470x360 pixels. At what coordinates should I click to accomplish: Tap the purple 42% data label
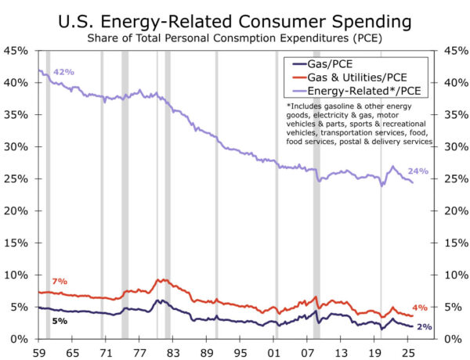pyautogui.click(x=64, y=72)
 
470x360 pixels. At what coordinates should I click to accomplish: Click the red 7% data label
pyautogui.click(x=60, y=281)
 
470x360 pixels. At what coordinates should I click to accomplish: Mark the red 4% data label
pyautogui.click(x=420, y=308)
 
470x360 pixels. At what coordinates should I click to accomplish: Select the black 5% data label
pyautogui.click(x=60, y=321)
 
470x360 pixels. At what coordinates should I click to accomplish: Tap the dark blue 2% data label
pyautogui.click(x=423, y=326)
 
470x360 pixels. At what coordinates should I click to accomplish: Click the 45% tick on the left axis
pyautogui.click(x=17, y=51)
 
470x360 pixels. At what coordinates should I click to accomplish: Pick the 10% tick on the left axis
pyautogui.click(x=17, y=275)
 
